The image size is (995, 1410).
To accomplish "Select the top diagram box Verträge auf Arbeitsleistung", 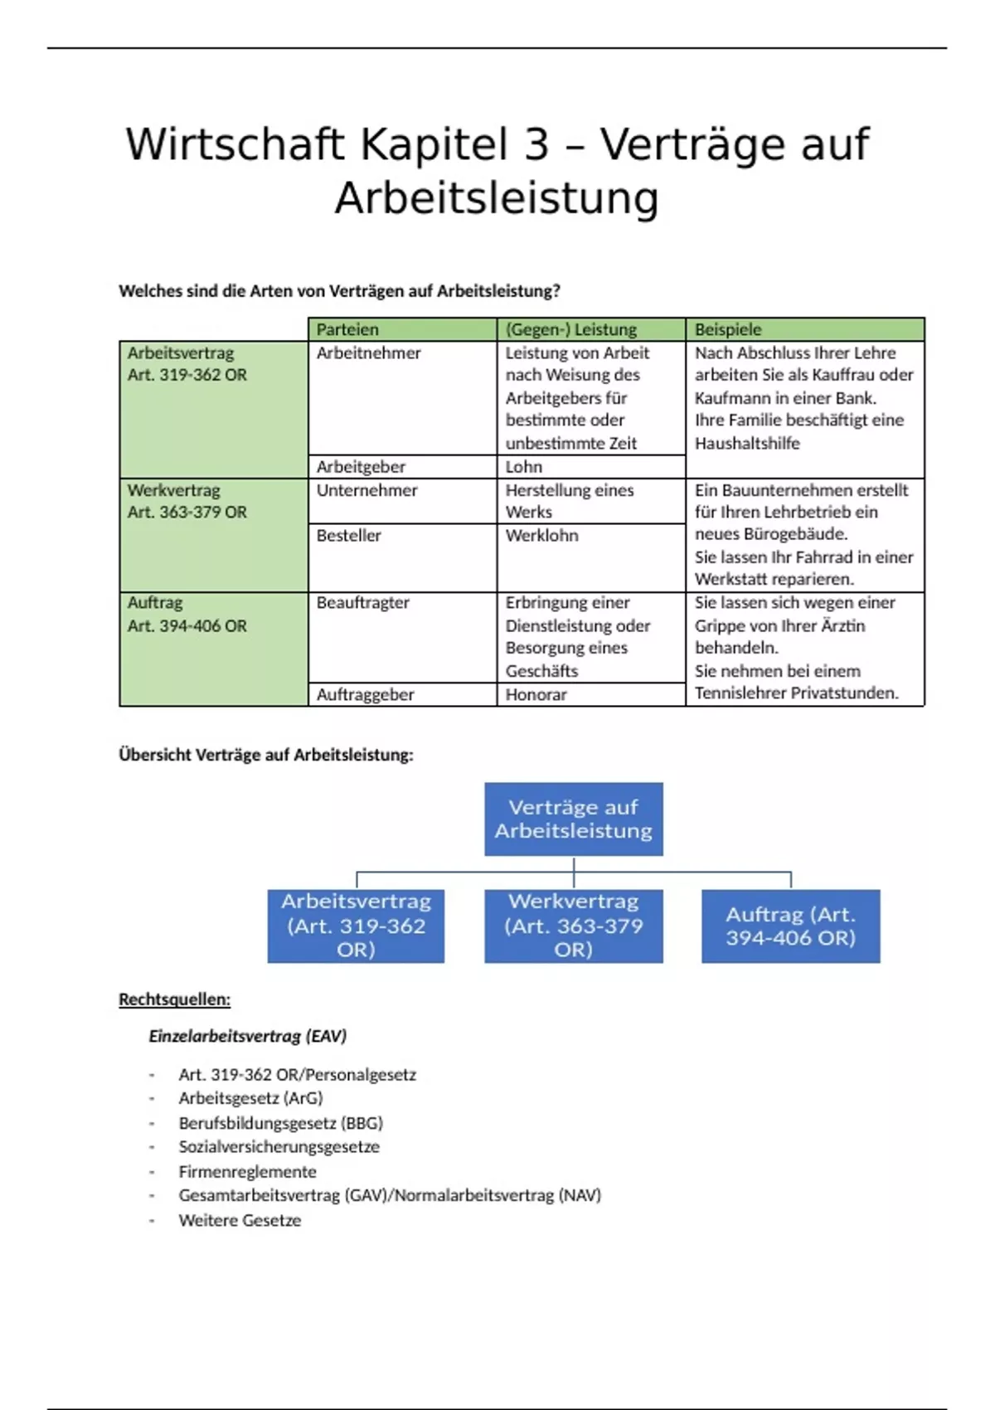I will [x=574, y=819].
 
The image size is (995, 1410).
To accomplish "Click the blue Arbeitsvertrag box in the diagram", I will [x=356, y=926].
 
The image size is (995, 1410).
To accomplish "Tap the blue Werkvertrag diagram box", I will [x=574, y=926].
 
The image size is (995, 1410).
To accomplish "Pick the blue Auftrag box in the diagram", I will [x=790, y=926].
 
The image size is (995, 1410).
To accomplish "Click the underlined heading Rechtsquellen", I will [x=175, y=999].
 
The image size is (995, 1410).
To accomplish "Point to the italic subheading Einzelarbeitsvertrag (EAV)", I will [x=248, y=1036].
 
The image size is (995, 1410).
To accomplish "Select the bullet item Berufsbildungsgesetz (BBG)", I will [x=281, y=1123].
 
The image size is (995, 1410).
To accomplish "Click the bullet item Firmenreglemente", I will [x=248, y=1172].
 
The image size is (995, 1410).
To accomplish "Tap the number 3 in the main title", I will [x=536, y=144].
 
